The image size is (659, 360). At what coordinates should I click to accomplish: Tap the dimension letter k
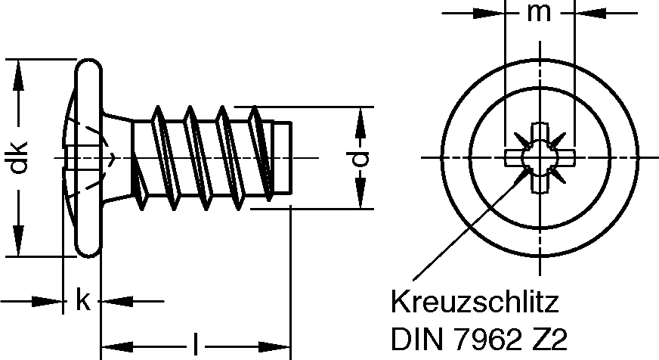coord(82,301)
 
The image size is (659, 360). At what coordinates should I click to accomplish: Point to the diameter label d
coord(363,158)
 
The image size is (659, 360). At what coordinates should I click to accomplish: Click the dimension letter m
coord(539,14)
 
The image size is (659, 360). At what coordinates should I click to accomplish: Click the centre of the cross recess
coord(539,157)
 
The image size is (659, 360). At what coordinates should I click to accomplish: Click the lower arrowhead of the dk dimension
coord(18,247)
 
